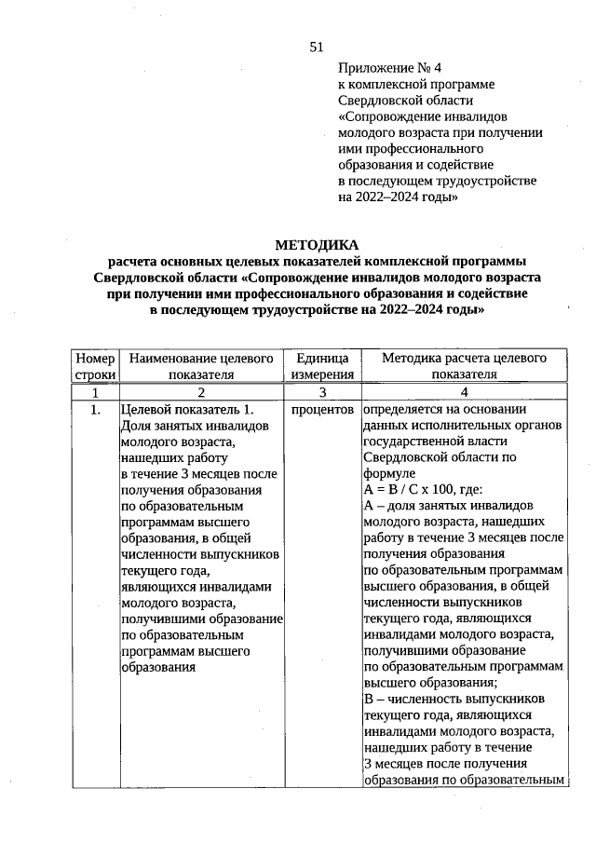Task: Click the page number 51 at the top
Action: tap(316, 48)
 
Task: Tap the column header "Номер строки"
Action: tap(95, 366)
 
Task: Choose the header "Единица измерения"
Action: tap(321, 366)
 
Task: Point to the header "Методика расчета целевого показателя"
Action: tap(464, 366)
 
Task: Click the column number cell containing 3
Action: tap(321, 392)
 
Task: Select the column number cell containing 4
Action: tap(464, 392)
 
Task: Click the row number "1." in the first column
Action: tap(95, 409)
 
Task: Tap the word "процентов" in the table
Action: tap(321, 409)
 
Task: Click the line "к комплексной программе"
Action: tap(416, 85)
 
